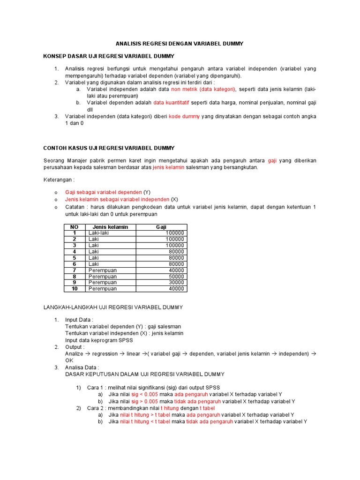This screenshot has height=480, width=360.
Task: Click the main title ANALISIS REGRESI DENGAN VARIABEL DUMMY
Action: pos(180,44)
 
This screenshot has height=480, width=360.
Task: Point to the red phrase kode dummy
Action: pos(184,116)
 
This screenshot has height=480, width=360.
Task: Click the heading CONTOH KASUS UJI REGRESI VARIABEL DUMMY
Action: pos(115,148)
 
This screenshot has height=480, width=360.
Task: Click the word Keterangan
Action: pos(59,180)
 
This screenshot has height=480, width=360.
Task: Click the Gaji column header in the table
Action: pos(161,227)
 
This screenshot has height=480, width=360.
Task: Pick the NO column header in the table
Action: pos(74,227)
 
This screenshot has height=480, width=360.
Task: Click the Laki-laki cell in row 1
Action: pos(99,233)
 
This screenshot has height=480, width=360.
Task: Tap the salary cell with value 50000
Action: pos(176,277)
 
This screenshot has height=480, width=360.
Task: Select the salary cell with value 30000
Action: pos(176,283)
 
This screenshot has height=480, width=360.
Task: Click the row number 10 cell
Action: pos(74,289)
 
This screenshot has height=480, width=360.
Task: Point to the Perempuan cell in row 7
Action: pos(102,270)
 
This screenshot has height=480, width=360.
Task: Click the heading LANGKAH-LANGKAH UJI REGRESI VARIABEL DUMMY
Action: pos(113,307)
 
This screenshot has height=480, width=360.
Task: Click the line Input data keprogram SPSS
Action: pos(99,340)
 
